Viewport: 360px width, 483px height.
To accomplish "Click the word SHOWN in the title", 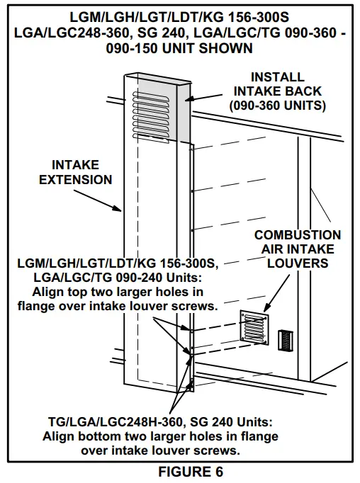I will click(233, 49).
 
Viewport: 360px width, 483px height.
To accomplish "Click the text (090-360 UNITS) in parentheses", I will click(277, 106).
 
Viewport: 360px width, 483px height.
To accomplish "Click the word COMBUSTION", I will click(298, 234).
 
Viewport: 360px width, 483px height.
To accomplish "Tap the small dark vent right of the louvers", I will click(285, 341).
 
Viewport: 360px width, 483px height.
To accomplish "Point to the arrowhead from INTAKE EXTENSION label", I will click(121, 210).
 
